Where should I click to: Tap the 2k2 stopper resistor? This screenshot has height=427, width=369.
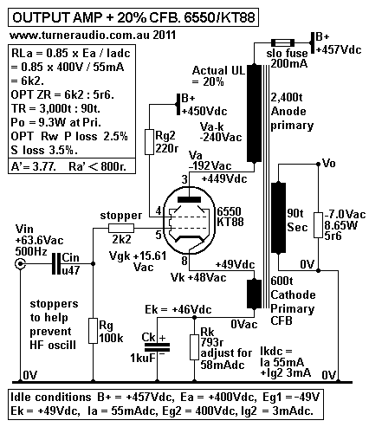pyautogui.click(x=120, y=227)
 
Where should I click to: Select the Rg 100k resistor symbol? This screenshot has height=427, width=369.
pyautogui.click(x=94, y=332)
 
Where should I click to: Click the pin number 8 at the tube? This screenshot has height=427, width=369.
pyautogui.click(x=184, y=260)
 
